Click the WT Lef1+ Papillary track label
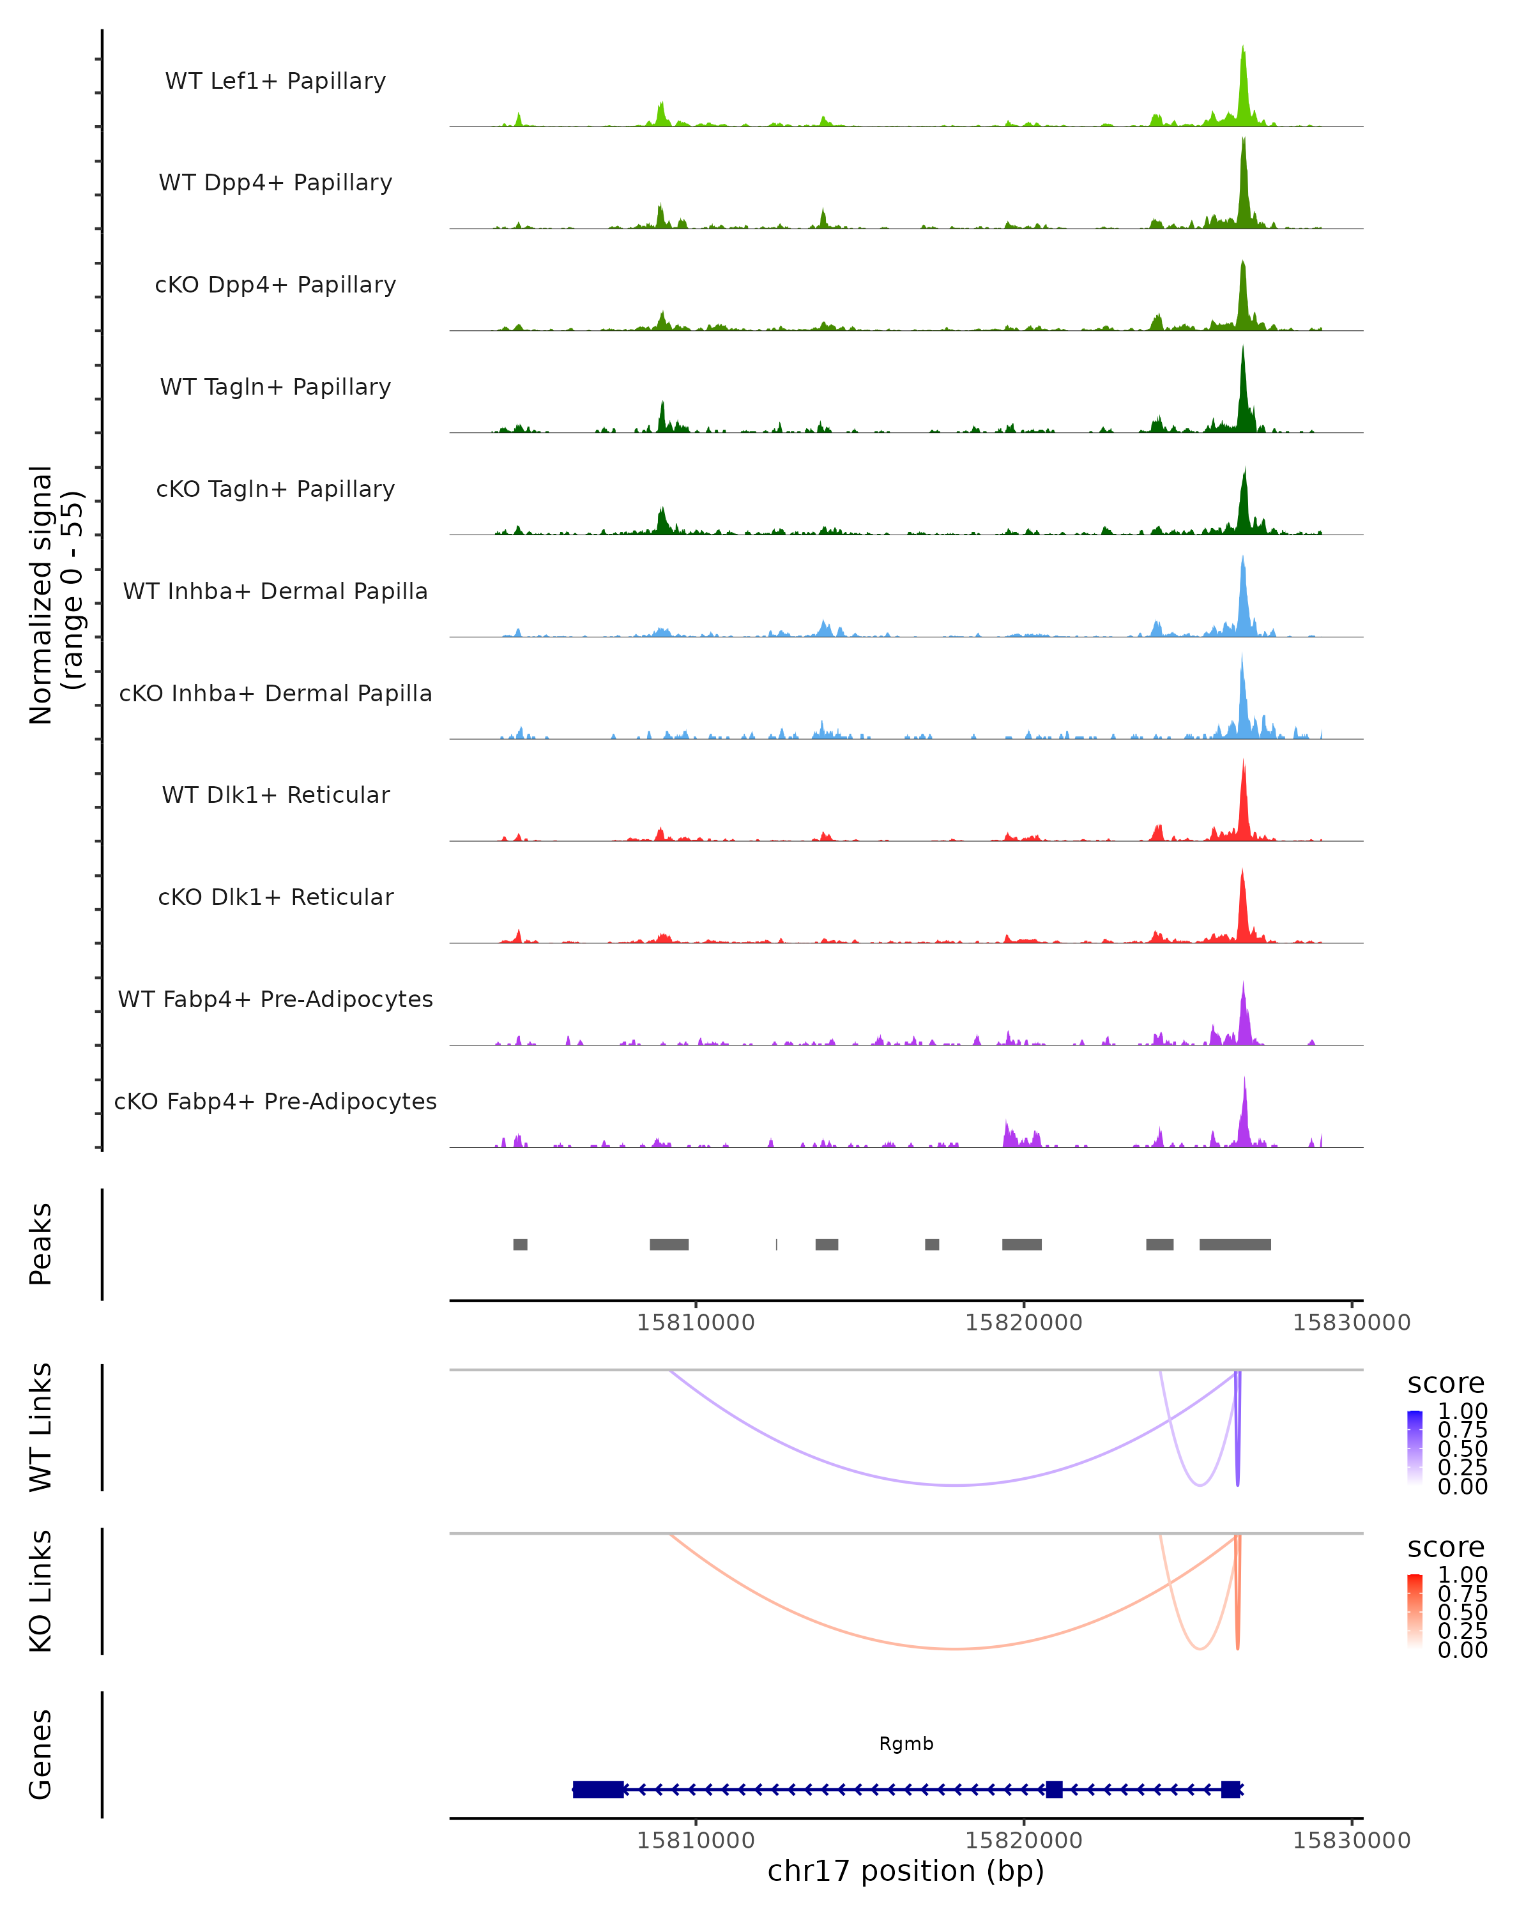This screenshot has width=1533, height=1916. click(275, 81)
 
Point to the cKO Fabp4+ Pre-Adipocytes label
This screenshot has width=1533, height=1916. click(275, 1101)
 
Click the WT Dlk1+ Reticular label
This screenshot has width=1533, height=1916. click(275, 795)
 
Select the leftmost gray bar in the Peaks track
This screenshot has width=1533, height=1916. click(520, 1244)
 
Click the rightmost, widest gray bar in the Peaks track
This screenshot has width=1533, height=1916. click(1235, 1244)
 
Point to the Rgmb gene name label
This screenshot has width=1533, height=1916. click(906, 1744)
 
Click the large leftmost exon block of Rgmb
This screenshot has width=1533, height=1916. click(597, 1789)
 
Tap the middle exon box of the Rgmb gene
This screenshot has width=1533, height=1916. click(1054, 1789)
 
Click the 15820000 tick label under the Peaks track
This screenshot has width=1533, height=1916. click(1024, 1323)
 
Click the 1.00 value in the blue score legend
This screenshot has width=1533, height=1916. click(1462, 1411)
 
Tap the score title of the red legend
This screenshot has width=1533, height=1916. click(1446, 1547)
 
